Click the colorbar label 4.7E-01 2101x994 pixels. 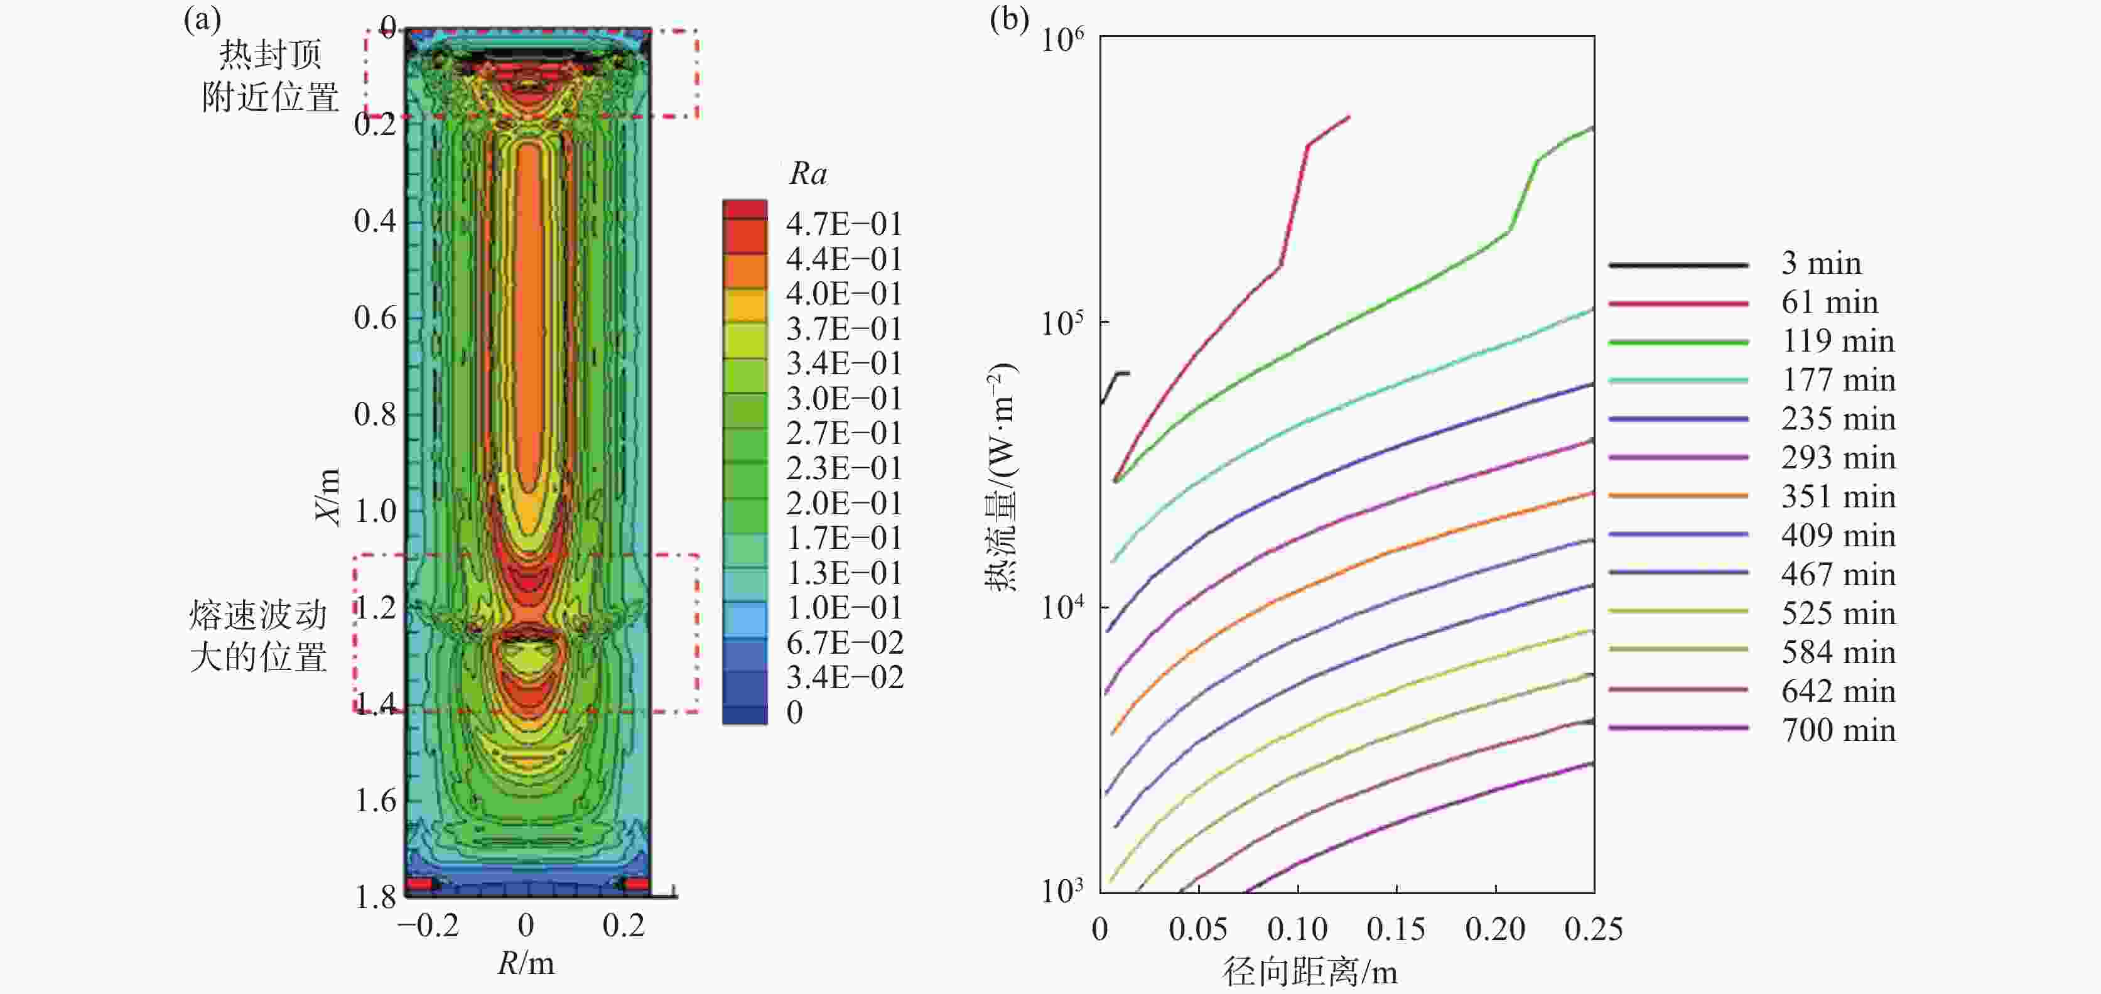pyautogui.click(x=843, y=224)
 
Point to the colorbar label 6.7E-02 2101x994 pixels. pyautogui.click(x=844, y=642)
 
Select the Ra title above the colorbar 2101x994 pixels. pyautogui.click(x=807, y=174)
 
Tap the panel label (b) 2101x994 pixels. pyautogui.click(x=1009, y=18)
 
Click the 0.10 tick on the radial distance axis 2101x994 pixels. pyautogui.click(x=1297, y=929)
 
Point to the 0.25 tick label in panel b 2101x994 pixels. pyautogui.click(x=1593, y=929)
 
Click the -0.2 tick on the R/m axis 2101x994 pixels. pyautogui.click(x=428, y=926)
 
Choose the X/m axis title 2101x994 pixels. pyautogui.click(x=327, y=497)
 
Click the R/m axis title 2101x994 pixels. pyautogui.click(x=526, y=964)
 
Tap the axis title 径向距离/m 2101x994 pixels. pyautogui.click(x=1309, y=972)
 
